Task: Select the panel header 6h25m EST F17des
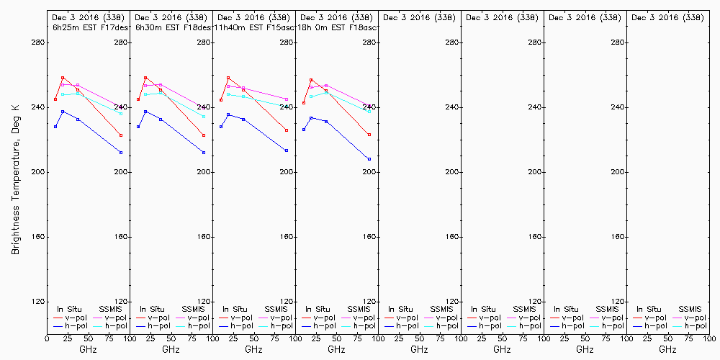pyautogui.click(x=90, y=27)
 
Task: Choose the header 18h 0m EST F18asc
pyautogui.click(x=337, y=27)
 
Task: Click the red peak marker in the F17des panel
pyautogui.click(x=63, y=78)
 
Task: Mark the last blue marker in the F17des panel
pyautogui.click(x=121, y=153)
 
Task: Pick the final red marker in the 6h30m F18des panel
pyautogui.click(x=204, y=135)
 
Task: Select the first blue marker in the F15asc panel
pyautogui.click(x=221, y=127)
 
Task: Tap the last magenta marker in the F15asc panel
pyautogui.click(x=287, y=99)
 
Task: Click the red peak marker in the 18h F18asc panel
pyautogui.click(x=311, y=80)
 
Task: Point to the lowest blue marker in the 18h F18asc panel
pyautogui.click(x=369, y=159)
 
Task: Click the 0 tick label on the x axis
pyautogui.click(x=47, y=338)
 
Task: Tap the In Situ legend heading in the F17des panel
pyautogui.click(x=70, y=309)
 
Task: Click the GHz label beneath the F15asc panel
pyautogui.click(x=253, y=349)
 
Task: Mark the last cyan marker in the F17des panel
pyautogui.click(x=121, y=114)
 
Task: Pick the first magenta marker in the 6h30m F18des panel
pyautogui.click(x=145, y=86)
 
